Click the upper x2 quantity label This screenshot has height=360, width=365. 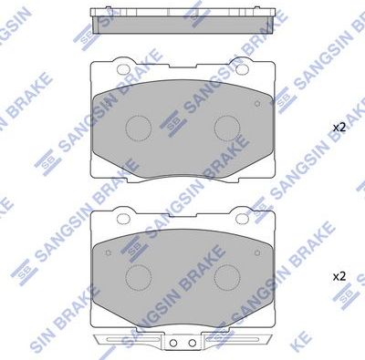coord(339,127)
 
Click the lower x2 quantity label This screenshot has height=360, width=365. coord(339,274)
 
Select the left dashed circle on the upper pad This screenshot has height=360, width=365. coord(139,127)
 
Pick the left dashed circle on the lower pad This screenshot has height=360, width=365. coord(139,274)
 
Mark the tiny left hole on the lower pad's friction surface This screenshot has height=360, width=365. coord(107,251)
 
